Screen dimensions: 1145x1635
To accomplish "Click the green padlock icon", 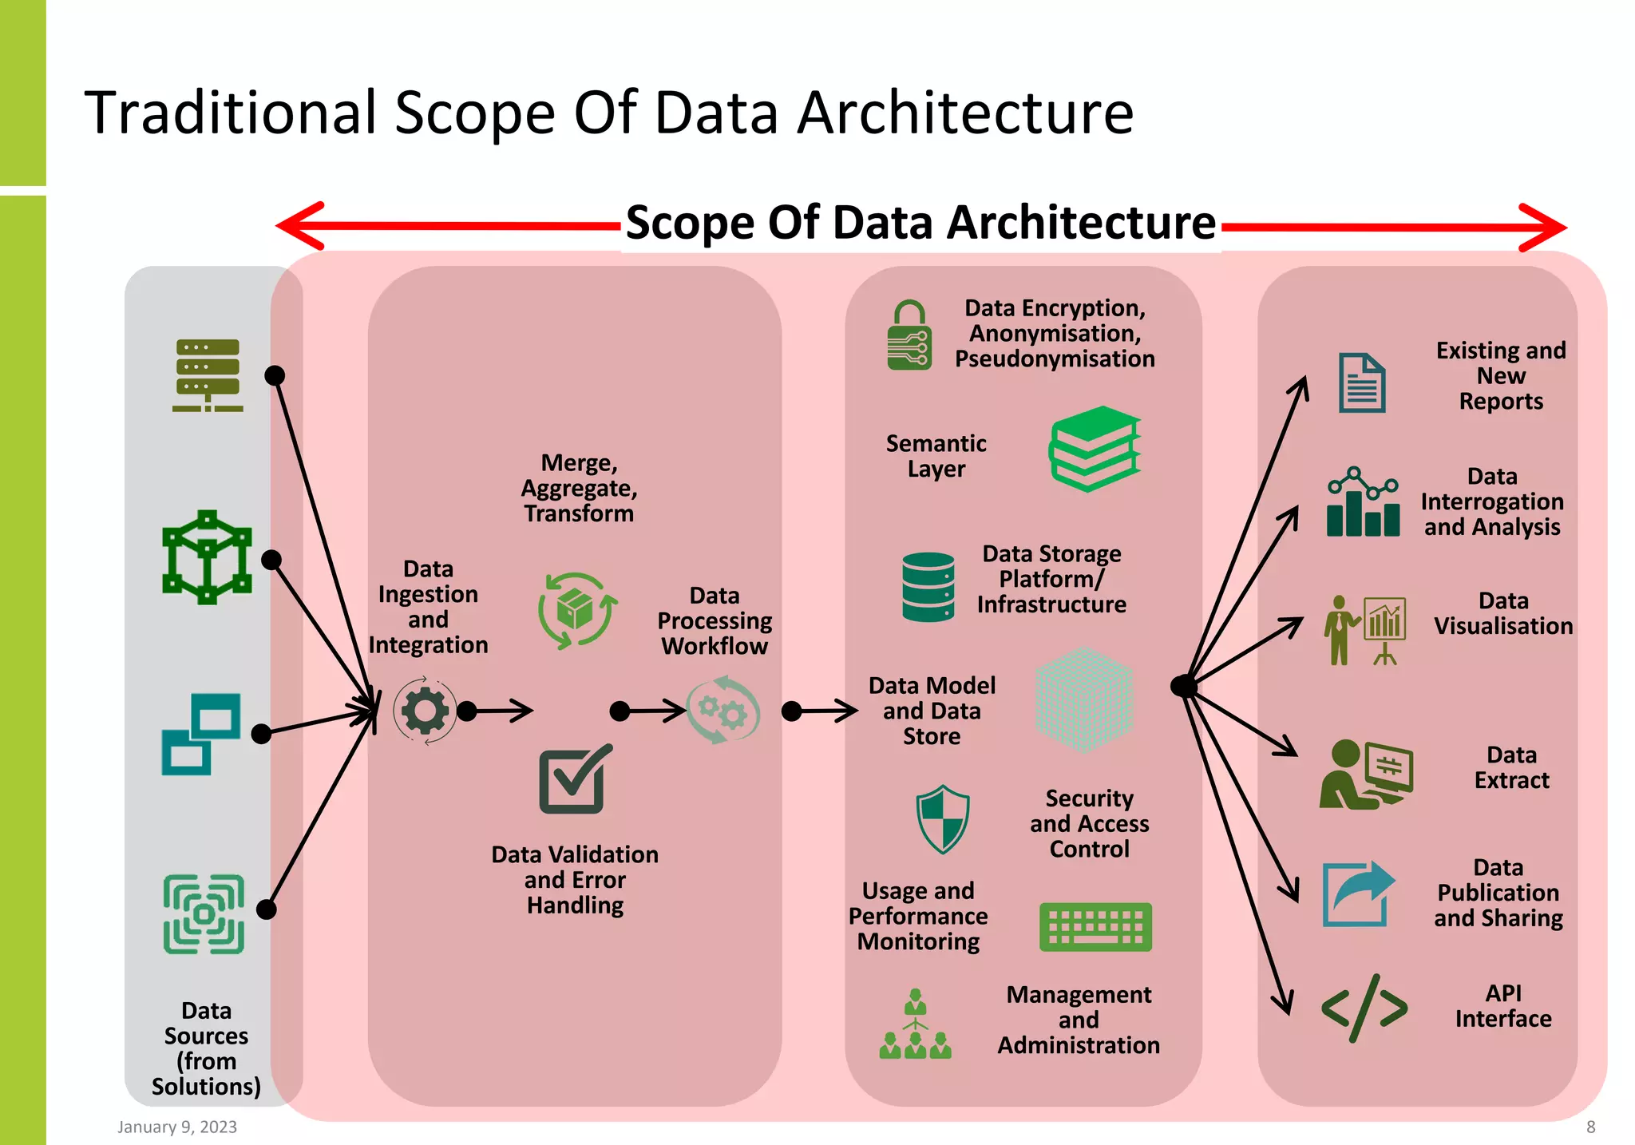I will (909, 336).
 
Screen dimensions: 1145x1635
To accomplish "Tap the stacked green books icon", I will (1095, 449).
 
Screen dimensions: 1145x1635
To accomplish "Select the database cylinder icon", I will (928, 587).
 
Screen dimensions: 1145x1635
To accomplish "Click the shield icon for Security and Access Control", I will (943, 819).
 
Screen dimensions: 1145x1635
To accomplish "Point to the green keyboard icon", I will (1095, 927).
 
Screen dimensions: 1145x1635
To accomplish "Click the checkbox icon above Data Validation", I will (574, 780).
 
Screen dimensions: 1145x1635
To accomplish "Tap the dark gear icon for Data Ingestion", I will (425, 711).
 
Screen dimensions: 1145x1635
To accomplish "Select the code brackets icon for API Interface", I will (1364, 1008).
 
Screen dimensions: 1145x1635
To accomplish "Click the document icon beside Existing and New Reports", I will (1362, 382).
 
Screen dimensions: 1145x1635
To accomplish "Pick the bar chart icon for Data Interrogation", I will (1363, 503).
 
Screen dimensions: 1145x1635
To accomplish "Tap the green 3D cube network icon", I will (207, 557).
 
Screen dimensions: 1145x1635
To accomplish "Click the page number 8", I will (1590, 1127).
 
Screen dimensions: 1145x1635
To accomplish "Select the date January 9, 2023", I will (177, 1127).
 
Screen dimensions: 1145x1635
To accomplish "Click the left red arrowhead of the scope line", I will (299, 226).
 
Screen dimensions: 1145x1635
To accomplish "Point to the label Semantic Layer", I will (936, 456).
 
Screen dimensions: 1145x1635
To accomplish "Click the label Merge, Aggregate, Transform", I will (579, 488).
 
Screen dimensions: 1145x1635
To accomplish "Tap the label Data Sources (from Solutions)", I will (206, 1048).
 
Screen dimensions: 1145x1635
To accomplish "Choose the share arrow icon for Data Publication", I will (1358, 893).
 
